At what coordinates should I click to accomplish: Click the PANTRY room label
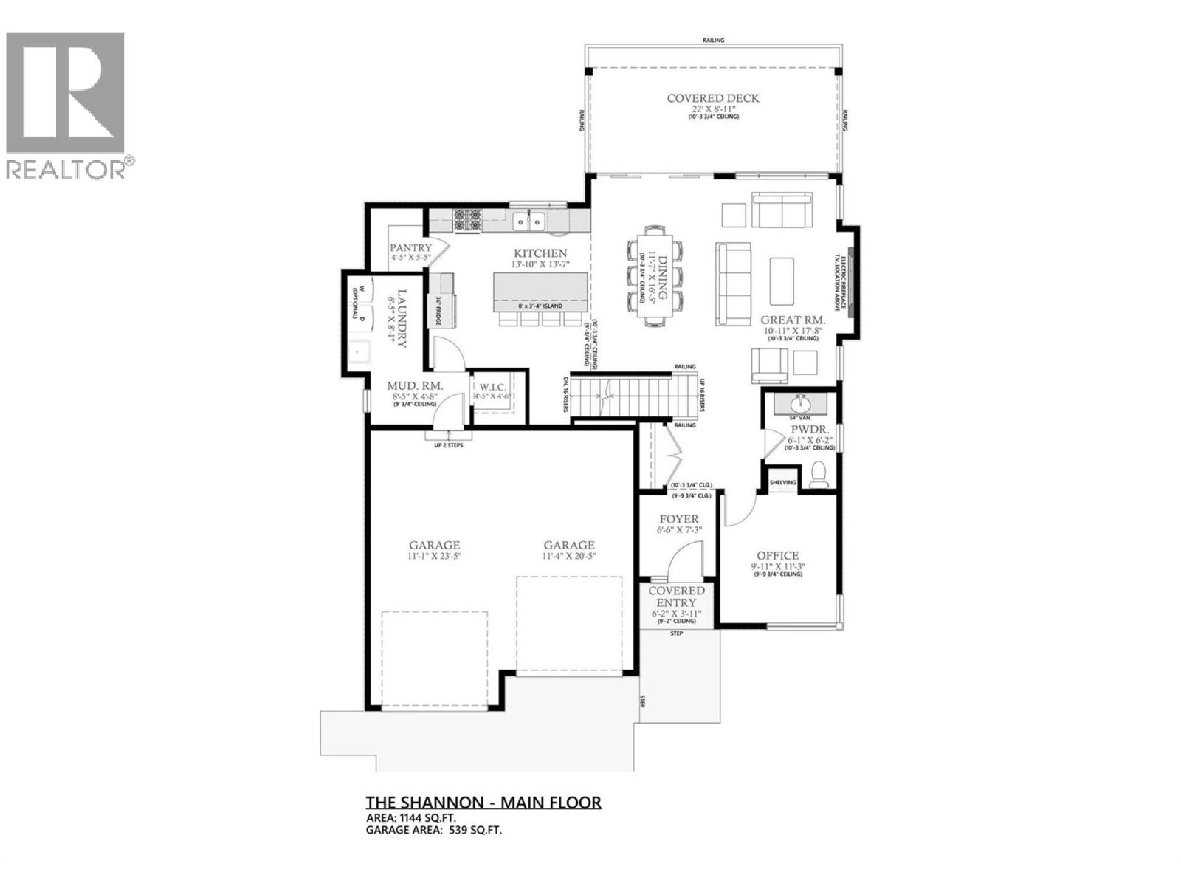pos(410,248)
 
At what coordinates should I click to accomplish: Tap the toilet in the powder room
pos(818,474)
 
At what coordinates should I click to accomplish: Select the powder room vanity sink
pos(800,404)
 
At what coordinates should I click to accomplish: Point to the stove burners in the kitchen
pos(467,219)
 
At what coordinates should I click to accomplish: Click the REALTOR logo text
pos(69,169)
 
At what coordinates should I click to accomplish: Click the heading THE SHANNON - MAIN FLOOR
pos(483,803)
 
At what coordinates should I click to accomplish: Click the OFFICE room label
pos(778,556)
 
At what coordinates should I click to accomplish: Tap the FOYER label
pos(678,519)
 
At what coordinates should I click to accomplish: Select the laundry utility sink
pos(361,352)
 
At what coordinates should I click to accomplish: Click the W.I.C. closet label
pos(492,386)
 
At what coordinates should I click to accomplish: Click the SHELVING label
pos(782,483)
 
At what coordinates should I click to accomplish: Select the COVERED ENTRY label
pos(676,597)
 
